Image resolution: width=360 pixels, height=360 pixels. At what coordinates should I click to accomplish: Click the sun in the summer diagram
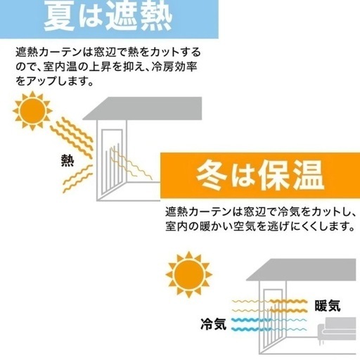[32, 110]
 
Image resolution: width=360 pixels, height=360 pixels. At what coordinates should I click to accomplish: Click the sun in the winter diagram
[189, 274]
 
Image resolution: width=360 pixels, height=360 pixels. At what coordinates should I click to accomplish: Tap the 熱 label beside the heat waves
[67, 160]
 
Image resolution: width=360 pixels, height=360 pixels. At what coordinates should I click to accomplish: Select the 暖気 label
[328, 306]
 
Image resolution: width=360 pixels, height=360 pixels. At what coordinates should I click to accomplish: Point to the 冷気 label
[214, 324]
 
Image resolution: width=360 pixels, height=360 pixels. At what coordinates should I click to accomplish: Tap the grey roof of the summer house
[142, 108]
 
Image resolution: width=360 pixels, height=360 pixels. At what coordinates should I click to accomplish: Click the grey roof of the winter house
[301, 269]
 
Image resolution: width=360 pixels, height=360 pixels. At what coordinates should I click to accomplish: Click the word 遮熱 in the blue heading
[139, 16]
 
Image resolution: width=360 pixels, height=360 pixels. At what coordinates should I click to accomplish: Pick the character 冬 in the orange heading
[211, 175]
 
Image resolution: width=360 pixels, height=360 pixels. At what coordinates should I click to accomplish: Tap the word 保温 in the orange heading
[291, 175]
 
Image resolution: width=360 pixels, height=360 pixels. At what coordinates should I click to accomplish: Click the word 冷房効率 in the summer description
[174, 67]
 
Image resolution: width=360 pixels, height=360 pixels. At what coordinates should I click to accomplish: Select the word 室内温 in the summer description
[60, 67]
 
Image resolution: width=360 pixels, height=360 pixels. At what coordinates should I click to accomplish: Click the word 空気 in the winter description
[245, 226]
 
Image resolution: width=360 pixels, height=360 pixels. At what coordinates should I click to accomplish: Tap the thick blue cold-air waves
[251, 325]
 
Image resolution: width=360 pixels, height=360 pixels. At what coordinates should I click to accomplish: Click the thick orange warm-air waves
[289, 306]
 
